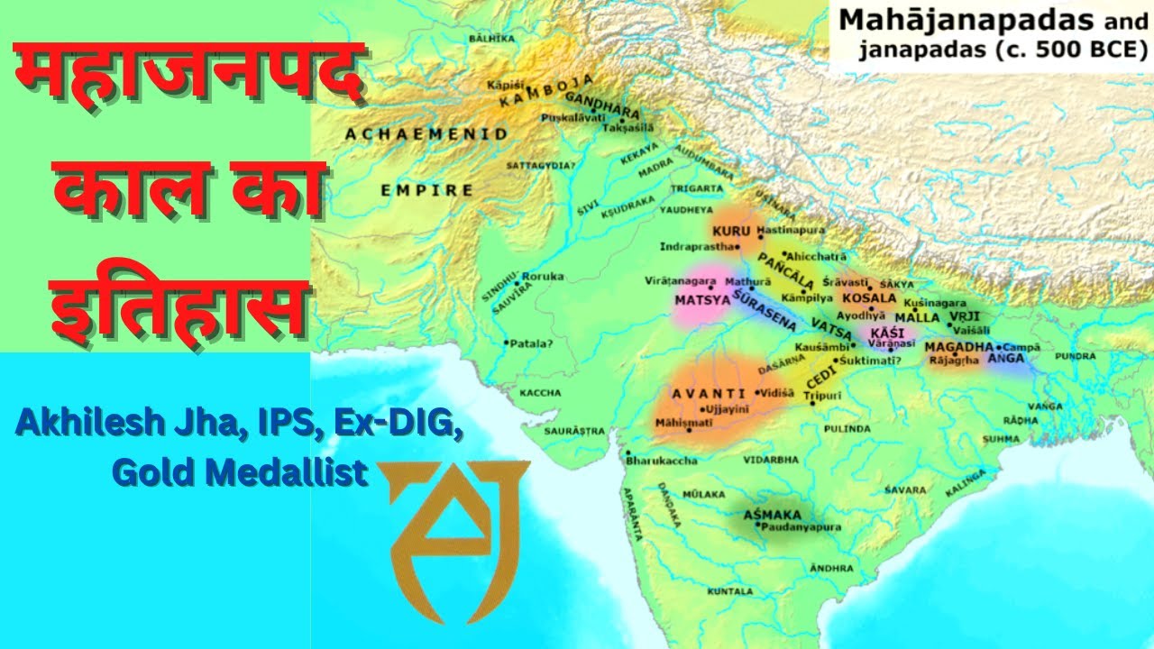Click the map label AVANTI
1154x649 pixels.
pyautogui.click(x=709, y=393)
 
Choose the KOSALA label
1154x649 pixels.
pyautogui.click(x=869, y=298)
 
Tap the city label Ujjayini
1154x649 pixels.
pyautogui.click(x=729, y=408)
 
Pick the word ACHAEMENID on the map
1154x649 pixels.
pyautogui.click(x=426, y=133)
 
